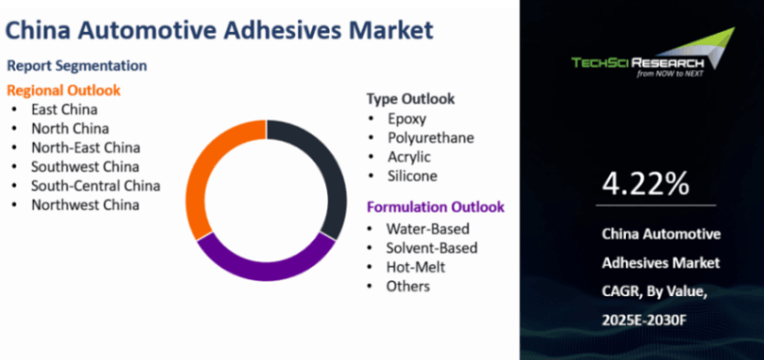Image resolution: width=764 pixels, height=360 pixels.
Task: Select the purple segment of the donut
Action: coord(266,269)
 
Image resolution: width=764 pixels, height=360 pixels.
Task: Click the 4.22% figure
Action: coord(645,183)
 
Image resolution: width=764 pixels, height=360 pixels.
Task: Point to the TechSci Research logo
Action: coord(653,54)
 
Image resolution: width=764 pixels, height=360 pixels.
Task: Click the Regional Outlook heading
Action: coord(63,90)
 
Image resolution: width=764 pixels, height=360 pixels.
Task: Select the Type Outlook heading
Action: coord(410,99)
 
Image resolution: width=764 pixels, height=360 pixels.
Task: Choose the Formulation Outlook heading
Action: coord(436,207)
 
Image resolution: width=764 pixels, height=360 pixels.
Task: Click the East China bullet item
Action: coord(64,109)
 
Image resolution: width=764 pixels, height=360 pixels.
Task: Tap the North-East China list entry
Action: coord(86,147)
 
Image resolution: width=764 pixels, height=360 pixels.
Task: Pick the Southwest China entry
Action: coord(85,166)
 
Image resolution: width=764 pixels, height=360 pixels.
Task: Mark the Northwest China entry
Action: coord(85,205)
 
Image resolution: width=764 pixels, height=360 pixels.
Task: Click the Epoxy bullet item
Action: coord(407,119)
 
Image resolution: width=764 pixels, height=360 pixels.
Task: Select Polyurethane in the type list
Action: coord(430,138)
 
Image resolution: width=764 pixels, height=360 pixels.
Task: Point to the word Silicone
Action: coord(413,175)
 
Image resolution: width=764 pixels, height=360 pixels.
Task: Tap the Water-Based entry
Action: coord(428,228)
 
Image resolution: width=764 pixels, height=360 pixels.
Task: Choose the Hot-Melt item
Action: coord(416,267)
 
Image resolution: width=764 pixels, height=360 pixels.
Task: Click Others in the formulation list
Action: coord(408,286)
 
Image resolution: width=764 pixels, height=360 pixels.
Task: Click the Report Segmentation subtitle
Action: coord(77,66)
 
